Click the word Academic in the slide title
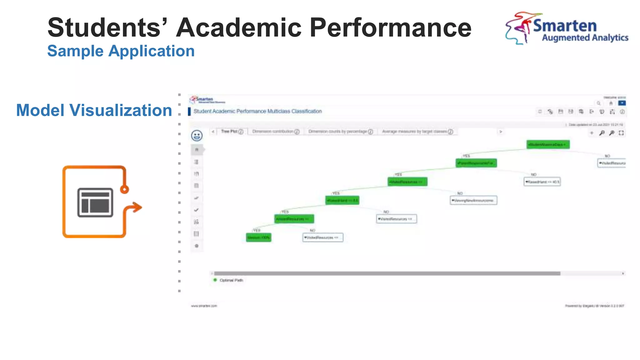[239, 27]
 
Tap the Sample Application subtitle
[121, 51]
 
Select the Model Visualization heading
[94, 110]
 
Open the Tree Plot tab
[232, 132]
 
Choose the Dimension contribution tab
[275, 132]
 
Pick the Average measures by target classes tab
[417, 132]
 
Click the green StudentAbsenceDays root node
[548, 144]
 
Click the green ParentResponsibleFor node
[476, 163]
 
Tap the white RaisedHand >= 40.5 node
[542, 182]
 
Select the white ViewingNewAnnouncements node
[473, 200]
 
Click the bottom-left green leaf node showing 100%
[258, 237]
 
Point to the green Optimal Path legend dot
[215, 280]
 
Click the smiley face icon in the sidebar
[197, 136]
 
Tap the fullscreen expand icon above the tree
[621, 133]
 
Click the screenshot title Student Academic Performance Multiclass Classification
[257, 111]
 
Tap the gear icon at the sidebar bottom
[197, 246]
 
